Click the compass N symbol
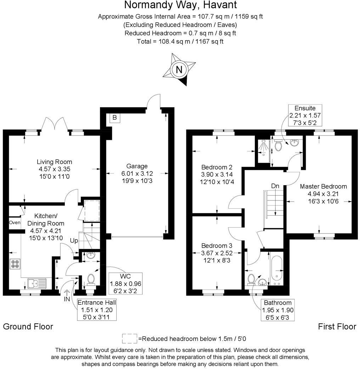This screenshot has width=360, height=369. point(179,69)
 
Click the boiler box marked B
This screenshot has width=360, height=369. point(114,117)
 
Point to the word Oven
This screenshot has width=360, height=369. point(15,223)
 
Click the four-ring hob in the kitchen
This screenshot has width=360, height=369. point(15,264)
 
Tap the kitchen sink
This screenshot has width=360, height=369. point(36,283)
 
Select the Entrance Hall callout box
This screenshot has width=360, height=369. point(97,309)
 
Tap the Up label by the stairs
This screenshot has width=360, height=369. point(74,241)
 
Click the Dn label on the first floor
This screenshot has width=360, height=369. point(275,186)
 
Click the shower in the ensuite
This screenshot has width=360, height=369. point(264,147)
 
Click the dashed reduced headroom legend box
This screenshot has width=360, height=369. point(130,338)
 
